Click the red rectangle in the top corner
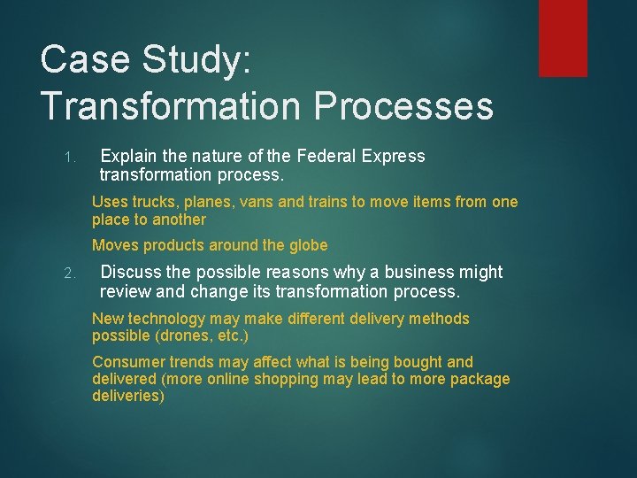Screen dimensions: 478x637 click(x=564, y=37)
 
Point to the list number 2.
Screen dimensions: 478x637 click(x=71, y=274)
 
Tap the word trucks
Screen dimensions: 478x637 click(x=157, y=202)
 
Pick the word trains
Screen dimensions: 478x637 click(x=326, y=202)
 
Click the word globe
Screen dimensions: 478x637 click(x=304, y=245)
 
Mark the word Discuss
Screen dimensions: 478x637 click(x=133, y=272)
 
